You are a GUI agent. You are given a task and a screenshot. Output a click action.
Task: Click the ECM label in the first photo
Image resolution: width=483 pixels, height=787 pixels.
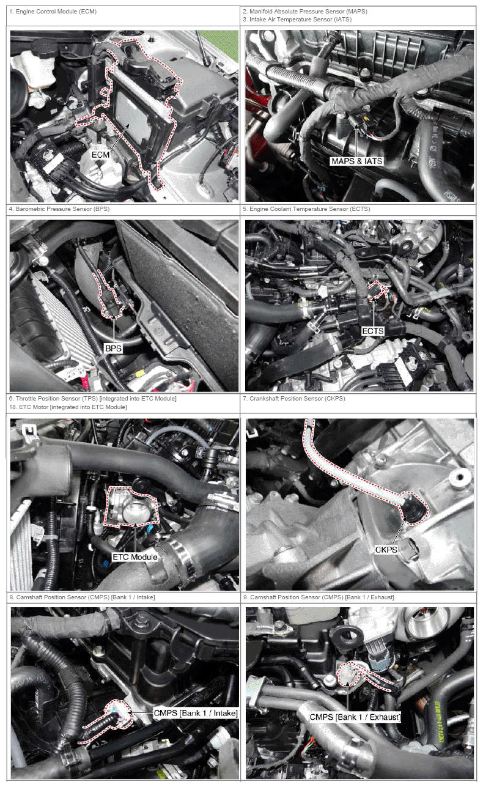point(100,155)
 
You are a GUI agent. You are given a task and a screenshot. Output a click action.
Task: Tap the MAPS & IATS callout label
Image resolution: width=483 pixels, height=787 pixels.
point(356,161)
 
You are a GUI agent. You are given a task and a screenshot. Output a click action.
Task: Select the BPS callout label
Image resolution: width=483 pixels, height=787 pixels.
point(114,349)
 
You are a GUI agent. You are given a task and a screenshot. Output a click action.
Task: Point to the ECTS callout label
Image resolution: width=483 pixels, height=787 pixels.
point(373,331)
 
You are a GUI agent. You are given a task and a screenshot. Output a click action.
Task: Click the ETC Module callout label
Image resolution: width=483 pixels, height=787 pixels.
point(135,557)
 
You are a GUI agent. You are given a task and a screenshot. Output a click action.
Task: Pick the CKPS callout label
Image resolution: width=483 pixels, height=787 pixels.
point(386,550)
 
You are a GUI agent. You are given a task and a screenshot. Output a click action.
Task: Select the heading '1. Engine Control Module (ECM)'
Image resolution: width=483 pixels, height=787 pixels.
point(53,12)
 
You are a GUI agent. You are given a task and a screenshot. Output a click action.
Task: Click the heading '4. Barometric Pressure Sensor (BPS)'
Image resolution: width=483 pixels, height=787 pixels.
point(59,209)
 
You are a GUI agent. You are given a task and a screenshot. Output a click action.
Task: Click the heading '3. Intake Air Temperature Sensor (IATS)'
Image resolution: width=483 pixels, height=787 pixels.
point(297,20)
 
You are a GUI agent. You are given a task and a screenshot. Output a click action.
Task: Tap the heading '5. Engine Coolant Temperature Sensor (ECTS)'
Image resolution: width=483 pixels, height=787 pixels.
point(306,209)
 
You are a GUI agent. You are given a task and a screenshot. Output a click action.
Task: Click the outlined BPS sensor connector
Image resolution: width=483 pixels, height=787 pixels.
point(109,296)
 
